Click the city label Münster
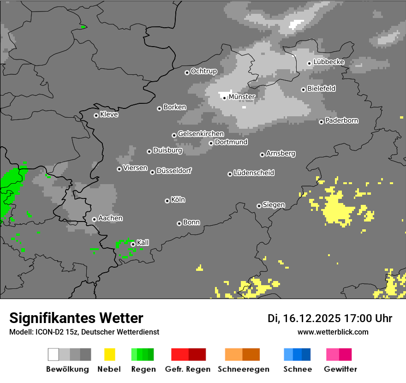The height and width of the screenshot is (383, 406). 242,97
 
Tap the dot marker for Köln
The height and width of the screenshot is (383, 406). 167,201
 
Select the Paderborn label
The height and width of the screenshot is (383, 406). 342,120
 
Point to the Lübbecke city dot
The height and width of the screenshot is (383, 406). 309,63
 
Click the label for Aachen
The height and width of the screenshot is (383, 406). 110,218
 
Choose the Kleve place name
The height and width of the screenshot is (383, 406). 109,114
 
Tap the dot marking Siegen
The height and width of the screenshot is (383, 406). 259,206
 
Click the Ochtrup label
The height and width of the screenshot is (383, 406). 204,71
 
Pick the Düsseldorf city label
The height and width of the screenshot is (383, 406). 174,171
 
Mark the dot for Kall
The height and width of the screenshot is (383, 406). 133,244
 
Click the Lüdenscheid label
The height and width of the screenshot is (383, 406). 254,173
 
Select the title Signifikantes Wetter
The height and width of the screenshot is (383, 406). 76,318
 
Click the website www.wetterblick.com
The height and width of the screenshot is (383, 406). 333,332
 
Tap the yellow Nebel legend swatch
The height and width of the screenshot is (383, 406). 109,354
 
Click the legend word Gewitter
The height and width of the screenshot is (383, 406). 340,369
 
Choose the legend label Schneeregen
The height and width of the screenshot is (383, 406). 244,369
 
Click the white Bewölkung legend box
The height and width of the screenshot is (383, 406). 54,354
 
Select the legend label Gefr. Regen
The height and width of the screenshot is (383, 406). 188,369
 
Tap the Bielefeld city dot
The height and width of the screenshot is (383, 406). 303,90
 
